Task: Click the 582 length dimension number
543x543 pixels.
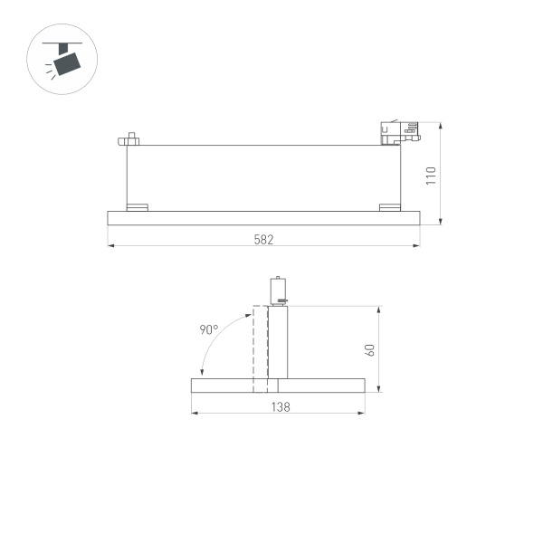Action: pyautogui.click(x=263, y=239)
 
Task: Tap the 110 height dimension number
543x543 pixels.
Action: pyautogui.click(x=431, y=175)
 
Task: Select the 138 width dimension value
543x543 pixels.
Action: pyautogui.click(x=280, y=407)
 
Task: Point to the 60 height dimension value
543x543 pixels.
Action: pyautogui.click(x=369, y=350)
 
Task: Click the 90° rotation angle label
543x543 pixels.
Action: pyautogui.click(x=209, y=330)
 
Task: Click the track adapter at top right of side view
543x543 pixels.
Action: pyautogui.click(x=398, y=133)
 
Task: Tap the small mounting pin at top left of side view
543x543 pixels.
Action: pyautogui.click(x=129, y=139)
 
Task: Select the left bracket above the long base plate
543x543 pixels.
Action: pyautogui.click(x=137, y=206)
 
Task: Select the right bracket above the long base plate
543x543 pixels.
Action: pyautogui.click(x=389, y=206)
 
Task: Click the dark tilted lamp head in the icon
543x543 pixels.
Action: pyautogui.click(x=66, y=62)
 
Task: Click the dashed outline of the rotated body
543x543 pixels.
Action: pyautogui.click(x=261, y=348)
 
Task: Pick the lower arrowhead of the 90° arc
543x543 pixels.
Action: pyautogui.click(x=202, y=375)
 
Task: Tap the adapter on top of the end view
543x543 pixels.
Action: pyautogui.click(x=279, y=289)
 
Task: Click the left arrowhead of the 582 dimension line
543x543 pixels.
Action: pyautogui.click(x=110, y=245)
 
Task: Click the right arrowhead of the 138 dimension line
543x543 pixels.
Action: pyautogui.click(x=362, y=414)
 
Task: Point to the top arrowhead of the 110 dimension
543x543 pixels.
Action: pyautogui.click(x=440, y=125)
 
